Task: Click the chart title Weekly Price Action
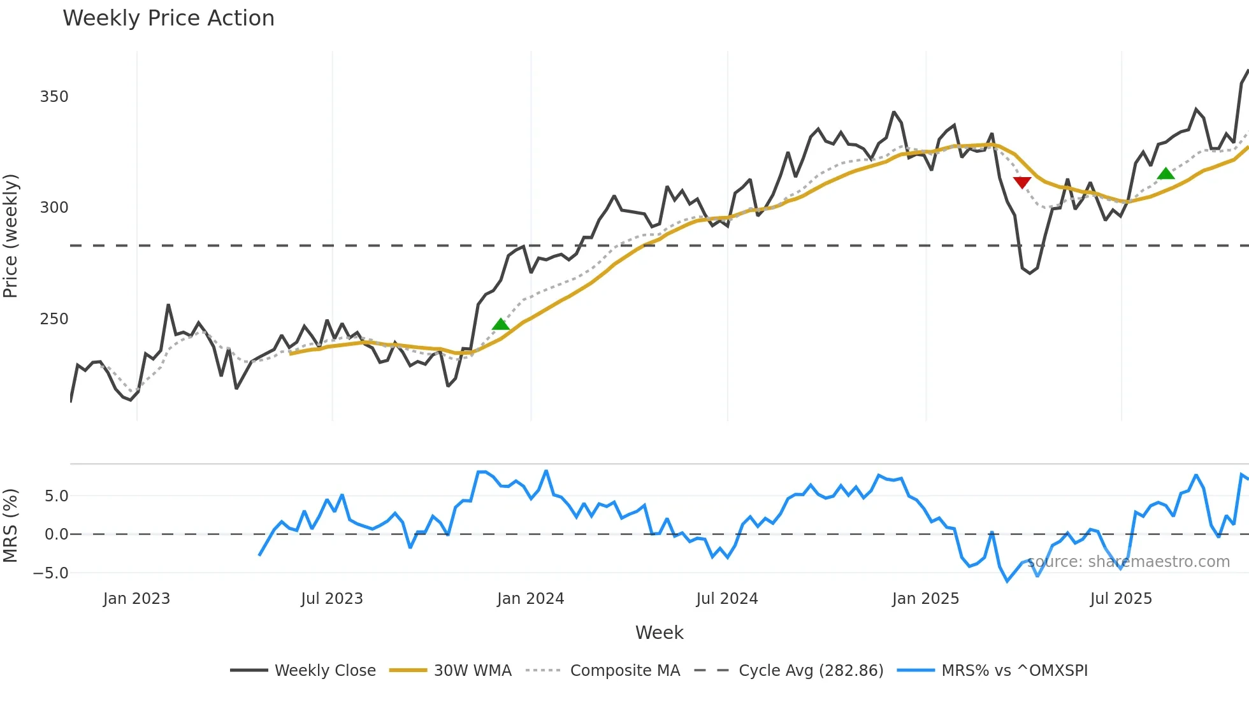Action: point(168,18)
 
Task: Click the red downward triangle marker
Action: point(1022,183)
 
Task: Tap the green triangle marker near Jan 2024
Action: point(501,324)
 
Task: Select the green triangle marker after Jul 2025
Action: point(1166,173)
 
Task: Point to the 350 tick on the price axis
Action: point(54,97)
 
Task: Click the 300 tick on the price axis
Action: point(54,208)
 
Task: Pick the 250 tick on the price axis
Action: point(54,319)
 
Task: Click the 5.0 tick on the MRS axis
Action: point(56,496)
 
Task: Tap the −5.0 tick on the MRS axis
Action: point(50,573)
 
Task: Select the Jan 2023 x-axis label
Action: point(136,599)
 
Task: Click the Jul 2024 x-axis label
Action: point(726,599)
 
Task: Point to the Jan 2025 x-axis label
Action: point(925,599)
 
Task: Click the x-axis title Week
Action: point(659,633)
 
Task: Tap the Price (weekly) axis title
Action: point(11,236)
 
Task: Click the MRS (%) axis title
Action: point(11,526)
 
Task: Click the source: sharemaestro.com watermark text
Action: point(1128,562)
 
